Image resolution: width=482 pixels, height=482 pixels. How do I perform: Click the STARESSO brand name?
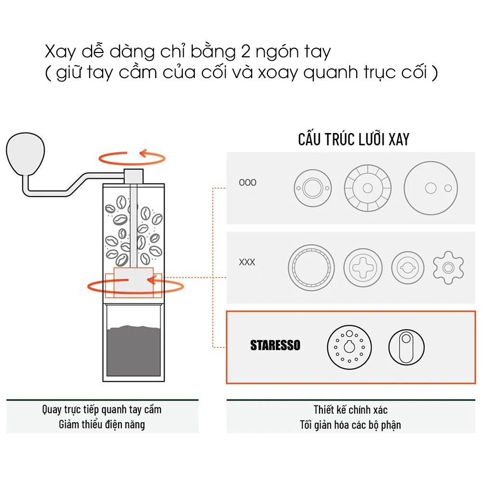click(275, 345)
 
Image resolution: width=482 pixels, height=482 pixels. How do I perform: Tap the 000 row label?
click(248, 183)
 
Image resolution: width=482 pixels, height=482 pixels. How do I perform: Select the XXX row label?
click(247, 263)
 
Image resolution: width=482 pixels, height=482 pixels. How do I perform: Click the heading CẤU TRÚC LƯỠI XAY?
click(353, 139)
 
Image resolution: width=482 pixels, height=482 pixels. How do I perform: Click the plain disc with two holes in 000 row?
click(430, 187)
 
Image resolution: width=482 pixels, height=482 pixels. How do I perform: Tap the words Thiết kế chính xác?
click(350, 410)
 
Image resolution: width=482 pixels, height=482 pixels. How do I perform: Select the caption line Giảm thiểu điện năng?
click(102, 425)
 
